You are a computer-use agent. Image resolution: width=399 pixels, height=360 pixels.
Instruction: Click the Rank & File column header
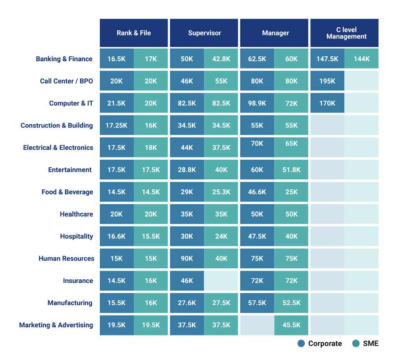click(134, 33)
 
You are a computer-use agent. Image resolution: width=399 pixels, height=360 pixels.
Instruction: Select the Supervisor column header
click(204, 33)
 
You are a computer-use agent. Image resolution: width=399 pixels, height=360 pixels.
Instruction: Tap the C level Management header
click(345, 33)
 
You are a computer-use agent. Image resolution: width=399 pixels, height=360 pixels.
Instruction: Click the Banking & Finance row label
click(64, 59)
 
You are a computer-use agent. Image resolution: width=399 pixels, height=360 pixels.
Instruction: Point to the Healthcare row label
click(76, 214)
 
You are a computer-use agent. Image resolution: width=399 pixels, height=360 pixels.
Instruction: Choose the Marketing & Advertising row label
click(56, 325)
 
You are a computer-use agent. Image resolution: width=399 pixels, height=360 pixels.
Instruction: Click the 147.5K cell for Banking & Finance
click(327, 59)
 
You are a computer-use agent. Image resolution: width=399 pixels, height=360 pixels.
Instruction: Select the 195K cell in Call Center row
click(327, 81)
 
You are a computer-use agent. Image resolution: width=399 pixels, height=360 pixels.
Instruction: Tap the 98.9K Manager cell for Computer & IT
click(257, 104)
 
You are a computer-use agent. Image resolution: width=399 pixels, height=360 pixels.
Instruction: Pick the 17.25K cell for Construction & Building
click(117, 126)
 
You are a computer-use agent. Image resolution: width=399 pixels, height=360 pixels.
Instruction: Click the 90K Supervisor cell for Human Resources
click(187, 259)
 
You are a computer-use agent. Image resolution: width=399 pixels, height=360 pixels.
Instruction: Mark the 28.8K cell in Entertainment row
click(187, 170)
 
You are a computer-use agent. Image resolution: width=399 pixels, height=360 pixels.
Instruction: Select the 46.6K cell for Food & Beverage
click(257, 192)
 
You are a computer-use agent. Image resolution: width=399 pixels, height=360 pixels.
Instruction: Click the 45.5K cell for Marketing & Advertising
click(291, 325)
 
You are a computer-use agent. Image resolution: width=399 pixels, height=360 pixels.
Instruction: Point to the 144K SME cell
click(361, 59)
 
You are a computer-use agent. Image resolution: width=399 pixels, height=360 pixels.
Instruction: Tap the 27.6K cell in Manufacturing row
click(187, 303)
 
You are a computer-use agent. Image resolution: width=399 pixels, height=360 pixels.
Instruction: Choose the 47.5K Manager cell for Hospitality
click(257, 237)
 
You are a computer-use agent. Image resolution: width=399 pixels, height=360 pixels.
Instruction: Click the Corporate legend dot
click(301, 344)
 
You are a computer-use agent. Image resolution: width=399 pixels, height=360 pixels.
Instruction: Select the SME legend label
click(370, 344)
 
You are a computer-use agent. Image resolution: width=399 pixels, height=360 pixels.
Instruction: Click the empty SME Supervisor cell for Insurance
click(221, 281)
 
